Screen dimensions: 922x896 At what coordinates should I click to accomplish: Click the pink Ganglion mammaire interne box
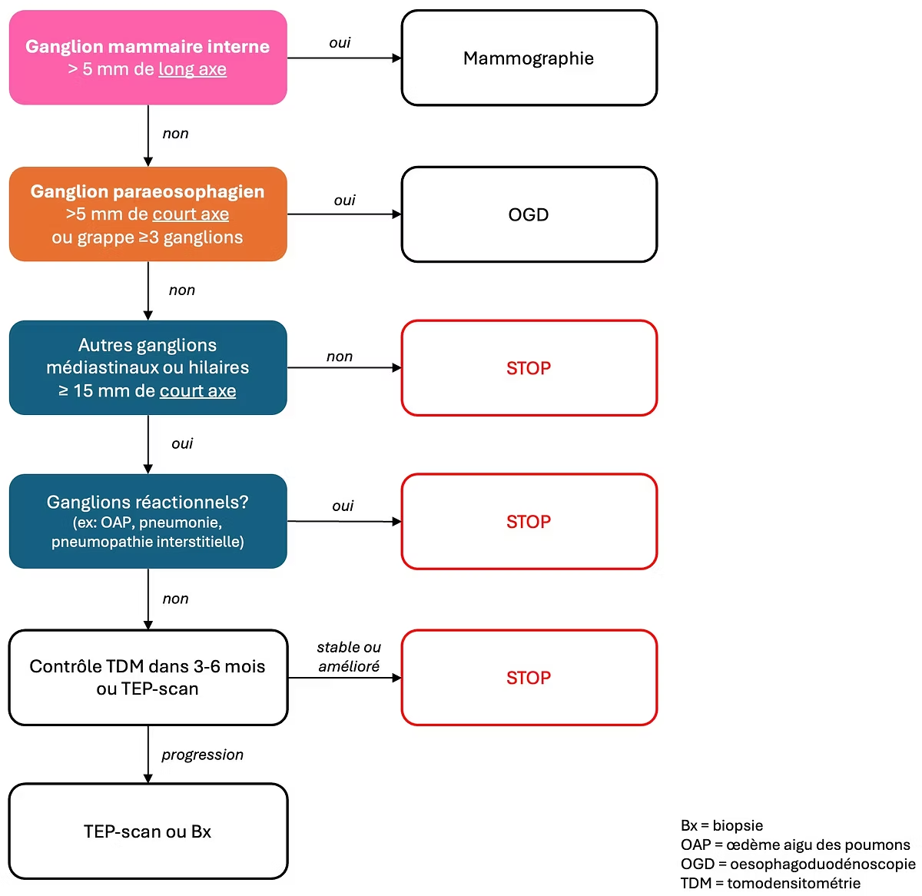[148, 58]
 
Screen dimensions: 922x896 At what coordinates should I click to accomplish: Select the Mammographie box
[529, 58]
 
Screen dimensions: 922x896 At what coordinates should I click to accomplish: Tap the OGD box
[529, 214]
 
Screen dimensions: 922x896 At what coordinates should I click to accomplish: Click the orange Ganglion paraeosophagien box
[148, 214]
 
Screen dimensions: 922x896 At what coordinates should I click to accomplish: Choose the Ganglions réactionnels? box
[148, 521]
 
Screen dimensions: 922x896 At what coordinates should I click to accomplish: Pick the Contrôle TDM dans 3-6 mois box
[148, 677]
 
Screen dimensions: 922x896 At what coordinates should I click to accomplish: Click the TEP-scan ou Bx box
[148, 831]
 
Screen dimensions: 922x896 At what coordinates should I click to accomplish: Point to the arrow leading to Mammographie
[344, 58]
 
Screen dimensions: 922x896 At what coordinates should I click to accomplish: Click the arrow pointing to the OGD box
[344, 214]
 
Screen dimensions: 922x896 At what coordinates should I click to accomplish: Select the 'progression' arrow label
[202, 755]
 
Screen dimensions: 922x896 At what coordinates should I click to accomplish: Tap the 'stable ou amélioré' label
[349, 657]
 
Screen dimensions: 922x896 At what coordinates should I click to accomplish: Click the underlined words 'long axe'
[192, 69]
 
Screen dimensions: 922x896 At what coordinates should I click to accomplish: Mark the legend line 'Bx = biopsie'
[721, 825]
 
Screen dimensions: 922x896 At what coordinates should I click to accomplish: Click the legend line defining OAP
[795, 845]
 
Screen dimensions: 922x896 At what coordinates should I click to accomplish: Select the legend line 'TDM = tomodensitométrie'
[771, 883]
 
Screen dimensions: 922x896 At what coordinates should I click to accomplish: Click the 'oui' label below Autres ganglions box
[182, 443]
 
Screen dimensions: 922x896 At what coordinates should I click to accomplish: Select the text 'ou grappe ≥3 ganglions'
[148, 237]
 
